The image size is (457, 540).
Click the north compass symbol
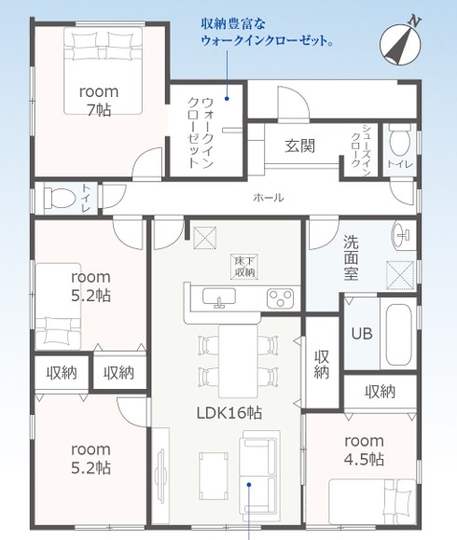[x=400, y=43]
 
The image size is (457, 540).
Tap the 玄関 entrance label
[x=299, y=146]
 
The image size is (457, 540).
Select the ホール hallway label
[x=269, y=198]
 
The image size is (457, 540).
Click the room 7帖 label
[x=99, y=101]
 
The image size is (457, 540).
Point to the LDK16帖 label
[x=229, y=412]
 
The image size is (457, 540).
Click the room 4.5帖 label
[x=365, y=450]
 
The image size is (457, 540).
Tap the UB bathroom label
[x=362, y=333]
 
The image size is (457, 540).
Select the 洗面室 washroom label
[x=351, y=258]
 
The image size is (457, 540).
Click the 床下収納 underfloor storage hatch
[x=244, y=267]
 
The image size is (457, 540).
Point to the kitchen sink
[x=219, y=298]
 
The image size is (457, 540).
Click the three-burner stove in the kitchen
[x=281, y=298]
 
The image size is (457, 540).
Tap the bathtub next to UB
[x=398, y=335]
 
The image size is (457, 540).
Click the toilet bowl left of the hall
[x=60, y=198]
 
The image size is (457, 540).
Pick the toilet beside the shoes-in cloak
[x=399, y=139]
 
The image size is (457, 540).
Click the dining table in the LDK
[x=239, y=361]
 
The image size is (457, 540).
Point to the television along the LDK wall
[x=161, y=474]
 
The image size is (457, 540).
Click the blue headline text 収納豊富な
[x=233, y=24]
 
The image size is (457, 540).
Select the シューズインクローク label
[x=361, y=149]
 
